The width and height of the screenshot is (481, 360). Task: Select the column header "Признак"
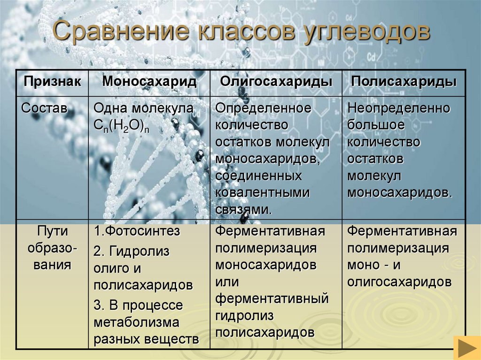pyautogui.click(x=52, y=81)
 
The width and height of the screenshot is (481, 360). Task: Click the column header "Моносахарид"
pyautogui.click(x=149, y=81)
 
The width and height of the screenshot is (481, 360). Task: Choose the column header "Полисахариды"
pyautogui.click(x=404, y=81)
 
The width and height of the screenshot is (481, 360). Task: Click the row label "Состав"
pyautogui.click(x=45, y=108)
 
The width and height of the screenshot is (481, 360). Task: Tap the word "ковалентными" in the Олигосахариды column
pyautogui.click(x=263, y=192)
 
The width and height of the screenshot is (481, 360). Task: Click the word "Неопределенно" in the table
pyautogui.click(x=399, y=108)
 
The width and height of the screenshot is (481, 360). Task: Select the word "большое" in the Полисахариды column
pyautogui.click(x=376, y=125)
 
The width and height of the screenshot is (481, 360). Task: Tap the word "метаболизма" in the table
pyautogui.click(x=137, y=323)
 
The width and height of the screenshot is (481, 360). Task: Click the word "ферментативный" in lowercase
pyautogui.click(x=272, y=299)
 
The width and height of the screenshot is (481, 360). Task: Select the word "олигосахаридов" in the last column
pyautogui.click(x=399, y=282)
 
